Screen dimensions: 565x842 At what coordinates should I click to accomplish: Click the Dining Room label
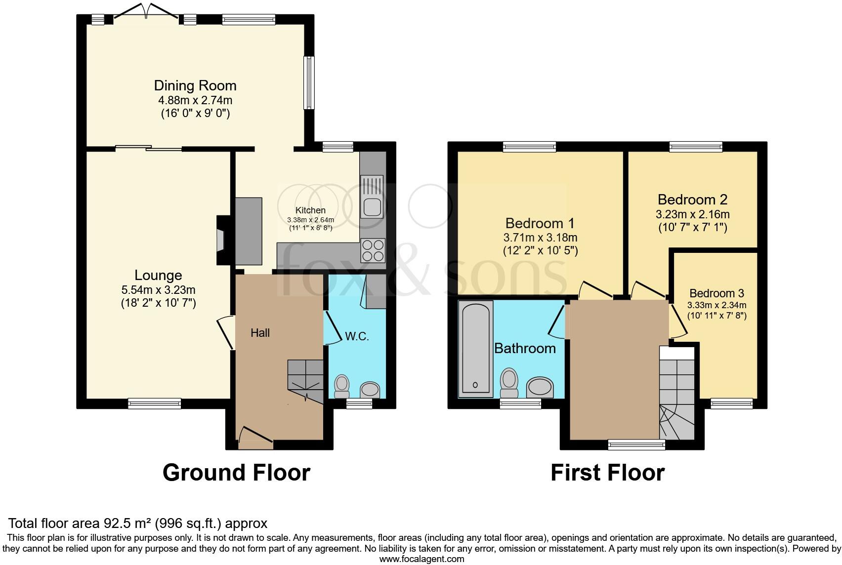195,85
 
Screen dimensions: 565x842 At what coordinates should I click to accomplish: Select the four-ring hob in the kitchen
373,250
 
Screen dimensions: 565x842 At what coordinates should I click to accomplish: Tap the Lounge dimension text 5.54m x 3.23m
158,290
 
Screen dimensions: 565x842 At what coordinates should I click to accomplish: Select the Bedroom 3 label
716,293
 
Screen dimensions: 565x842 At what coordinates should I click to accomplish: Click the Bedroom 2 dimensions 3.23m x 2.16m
692,214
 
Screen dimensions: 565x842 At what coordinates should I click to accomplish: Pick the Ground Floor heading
236,473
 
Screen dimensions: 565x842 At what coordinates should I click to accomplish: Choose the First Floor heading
607,473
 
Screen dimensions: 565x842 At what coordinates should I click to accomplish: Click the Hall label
260,333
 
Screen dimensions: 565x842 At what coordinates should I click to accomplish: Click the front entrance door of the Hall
255,437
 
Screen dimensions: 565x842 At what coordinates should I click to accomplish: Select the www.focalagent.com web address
421,559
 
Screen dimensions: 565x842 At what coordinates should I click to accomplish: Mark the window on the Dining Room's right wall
309,82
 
